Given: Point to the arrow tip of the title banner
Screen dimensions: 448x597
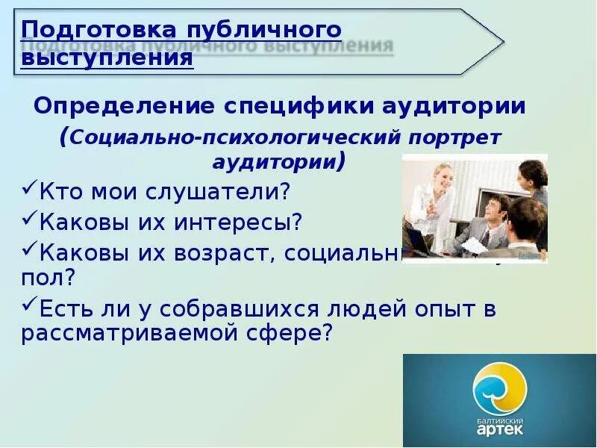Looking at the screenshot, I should (501, 40).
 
